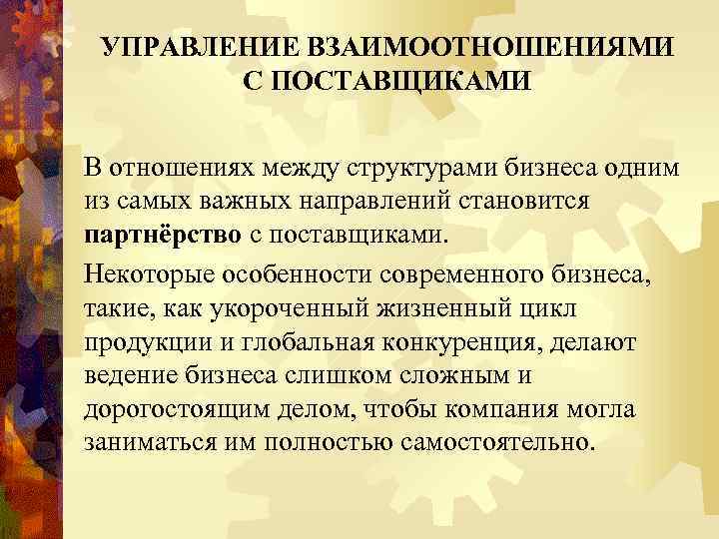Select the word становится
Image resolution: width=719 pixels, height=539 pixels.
[519, 201]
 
